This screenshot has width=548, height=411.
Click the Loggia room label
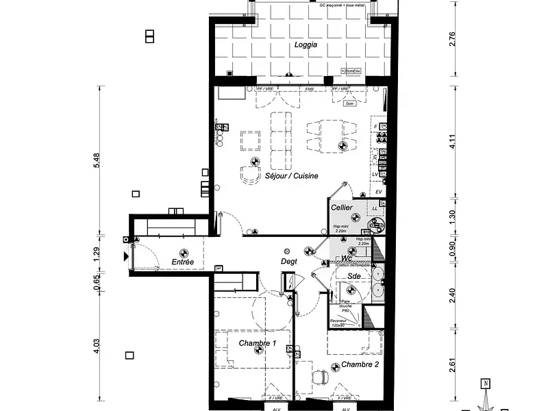[x=306, y=45]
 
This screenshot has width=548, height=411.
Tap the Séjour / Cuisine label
[x=292, y=176]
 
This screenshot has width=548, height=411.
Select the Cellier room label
[x=342, y=207]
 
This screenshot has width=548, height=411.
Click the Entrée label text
[x=183, y=262]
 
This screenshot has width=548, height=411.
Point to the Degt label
[x=289, y=261]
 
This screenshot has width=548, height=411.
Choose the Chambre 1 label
[x=257, y=342]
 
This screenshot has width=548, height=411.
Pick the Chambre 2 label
[x=360, y=364]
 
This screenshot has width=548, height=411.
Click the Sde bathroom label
[x=354, y=276]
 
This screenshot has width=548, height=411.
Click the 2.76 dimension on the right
[x=451, y=38]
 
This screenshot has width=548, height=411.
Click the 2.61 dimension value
[x=451, y=366]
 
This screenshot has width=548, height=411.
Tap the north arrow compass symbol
[x=485, y=393]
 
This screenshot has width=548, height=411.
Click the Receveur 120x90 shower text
[x=338, y=322]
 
